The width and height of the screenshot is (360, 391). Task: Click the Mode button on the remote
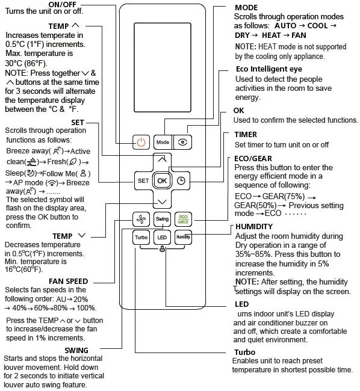(x=163, y=143)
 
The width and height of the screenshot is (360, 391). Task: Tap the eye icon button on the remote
(x=183, y=143)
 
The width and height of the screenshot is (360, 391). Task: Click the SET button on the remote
(x=143, y=180)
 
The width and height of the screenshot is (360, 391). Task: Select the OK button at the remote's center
(x=162, y=180)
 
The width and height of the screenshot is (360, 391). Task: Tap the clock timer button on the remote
(x=181, y=180)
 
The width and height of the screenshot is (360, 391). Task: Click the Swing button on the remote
(x=162, y=219)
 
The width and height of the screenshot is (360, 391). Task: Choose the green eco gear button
(x=182, y=219)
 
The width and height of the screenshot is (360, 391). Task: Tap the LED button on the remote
(x=162, y=238)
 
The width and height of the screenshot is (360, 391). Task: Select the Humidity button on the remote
(x=182, y=238)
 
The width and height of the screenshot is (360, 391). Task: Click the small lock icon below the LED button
(x=163, y=250)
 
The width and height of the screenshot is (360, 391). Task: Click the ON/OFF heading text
(x=61, y=5)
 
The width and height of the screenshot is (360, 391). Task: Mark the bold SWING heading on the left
(x=76, y=350)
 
